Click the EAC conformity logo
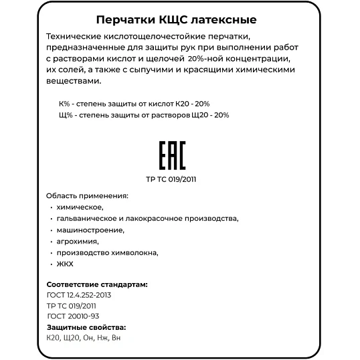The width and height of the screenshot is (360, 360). click(x=172, y=156)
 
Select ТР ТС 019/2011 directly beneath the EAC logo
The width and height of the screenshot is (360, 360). click(x=171, y=179)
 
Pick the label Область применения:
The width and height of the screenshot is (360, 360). click(x=86, y=195)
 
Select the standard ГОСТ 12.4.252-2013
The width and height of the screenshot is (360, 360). click(x=79, y=294)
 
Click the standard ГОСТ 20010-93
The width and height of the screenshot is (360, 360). click(x=74, y=317)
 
